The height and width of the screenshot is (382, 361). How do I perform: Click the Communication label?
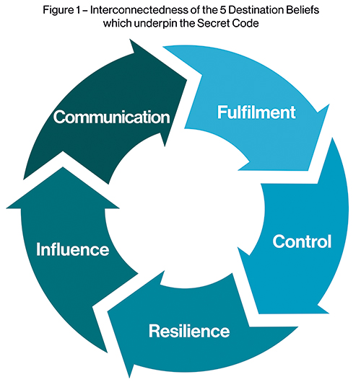(111, 117)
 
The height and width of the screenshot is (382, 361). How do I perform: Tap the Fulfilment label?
(256, 112)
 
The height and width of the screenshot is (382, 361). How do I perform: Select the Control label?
(302, 241)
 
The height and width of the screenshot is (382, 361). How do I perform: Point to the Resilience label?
(189, 331)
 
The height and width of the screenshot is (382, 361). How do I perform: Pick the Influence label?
(72, 249)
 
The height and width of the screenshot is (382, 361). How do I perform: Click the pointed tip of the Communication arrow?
(186, 79)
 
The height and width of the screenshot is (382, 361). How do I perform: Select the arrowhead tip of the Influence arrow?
(63, 167)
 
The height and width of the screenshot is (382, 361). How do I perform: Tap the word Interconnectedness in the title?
(138, 10)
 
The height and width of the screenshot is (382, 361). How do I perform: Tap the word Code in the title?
(245, 23)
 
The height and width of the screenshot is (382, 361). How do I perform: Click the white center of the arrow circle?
(186, 209)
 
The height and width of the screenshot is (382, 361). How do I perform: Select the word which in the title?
(117, 23)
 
